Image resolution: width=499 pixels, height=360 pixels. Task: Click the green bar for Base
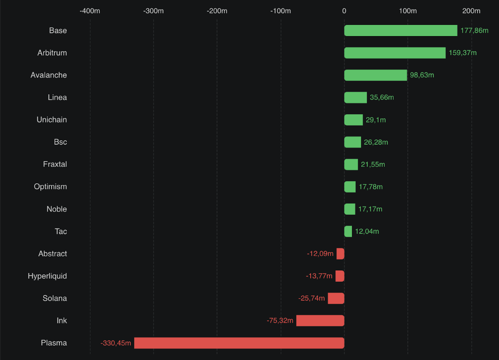pyautogui.click(x=401, y=31)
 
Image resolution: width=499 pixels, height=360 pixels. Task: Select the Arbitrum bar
pyautogui.click(x=395, y=53)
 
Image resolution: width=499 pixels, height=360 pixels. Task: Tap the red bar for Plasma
pyautogui.click(x=239, y=343)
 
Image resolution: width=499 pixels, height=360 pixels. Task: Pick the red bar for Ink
pyautogui.click(x=320, y=321)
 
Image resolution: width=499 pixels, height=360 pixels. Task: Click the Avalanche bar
pyautogui.click(x=375, y=75)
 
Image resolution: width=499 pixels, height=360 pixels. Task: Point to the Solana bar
pyautogui.click(x=336, y=298)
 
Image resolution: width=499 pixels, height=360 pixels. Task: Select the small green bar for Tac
pyautogui.click(x=348, y=231)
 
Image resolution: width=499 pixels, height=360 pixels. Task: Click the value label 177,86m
pyautogui.click(x=474, y=31)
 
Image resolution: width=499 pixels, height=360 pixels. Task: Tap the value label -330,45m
pyautogui.click(x=116, y=343)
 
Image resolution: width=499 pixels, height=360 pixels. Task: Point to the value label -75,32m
pyautogui.click(x=280, y=321)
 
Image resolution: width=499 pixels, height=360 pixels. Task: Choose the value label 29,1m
pyautogui.click(x=376, y=120)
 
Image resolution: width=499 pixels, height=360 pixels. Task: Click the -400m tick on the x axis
pyautogui.click(x=90, y=11)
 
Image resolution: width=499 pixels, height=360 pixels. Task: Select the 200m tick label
pyautogui.click(x=471, y=11)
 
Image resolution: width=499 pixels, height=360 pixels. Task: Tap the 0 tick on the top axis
pyautogui.click(x=344, y=11)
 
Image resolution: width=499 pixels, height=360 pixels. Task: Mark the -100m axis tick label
pyautogui.click(x=281, y=11)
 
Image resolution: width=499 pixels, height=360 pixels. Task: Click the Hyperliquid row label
pyautogui.click(x=47, y=276)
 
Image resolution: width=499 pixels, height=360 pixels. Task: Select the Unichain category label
pyautogui.click(x=51, y=120)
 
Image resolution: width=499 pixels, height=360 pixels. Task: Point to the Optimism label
pyautogui.click(x=50, y=187)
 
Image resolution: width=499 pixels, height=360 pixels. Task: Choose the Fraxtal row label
pyautogui.click(x=55, y=164)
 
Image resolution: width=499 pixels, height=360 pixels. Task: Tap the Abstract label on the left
pyautogui.click(x=52, y=253)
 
